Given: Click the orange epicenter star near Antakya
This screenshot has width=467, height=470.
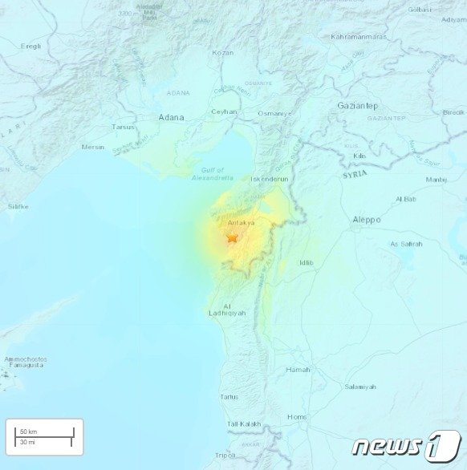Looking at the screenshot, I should point(233,237).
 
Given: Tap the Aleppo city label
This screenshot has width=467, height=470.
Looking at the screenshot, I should point(367,219).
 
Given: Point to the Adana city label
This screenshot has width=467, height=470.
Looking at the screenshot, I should point(171,117).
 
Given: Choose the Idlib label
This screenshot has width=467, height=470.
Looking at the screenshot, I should point(306,262).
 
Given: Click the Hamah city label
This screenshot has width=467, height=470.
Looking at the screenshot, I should point(298,369).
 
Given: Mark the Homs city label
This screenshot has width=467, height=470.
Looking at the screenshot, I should point(297,416).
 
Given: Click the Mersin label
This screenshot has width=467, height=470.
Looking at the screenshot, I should point(92,147).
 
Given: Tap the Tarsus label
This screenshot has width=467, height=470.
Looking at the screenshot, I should point(124,127).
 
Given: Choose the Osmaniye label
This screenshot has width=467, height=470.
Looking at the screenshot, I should point(272,114).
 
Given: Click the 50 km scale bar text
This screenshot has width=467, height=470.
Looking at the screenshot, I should point(29,432).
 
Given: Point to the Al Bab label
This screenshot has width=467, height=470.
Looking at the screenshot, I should point(406,199).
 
